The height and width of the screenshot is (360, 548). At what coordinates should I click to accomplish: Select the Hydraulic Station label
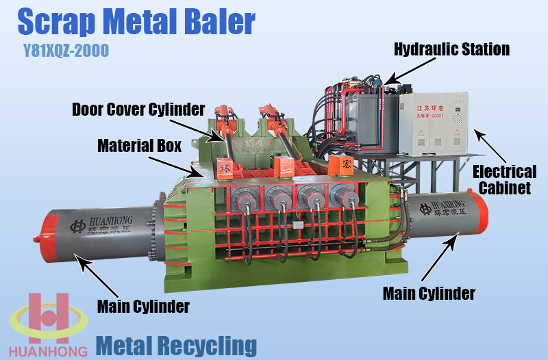pos(451,49)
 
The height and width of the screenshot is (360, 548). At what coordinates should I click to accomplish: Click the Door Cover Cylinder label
pos(138,110)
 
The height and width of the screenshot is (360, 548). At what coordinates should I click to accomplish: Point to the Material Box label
pos(138,146)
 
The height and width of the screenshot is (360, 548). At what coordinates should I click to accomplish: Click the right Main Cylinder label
pos(429,294)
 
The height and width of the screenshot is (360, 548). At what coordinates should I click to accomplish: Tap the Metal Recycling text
pos(176,345)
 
